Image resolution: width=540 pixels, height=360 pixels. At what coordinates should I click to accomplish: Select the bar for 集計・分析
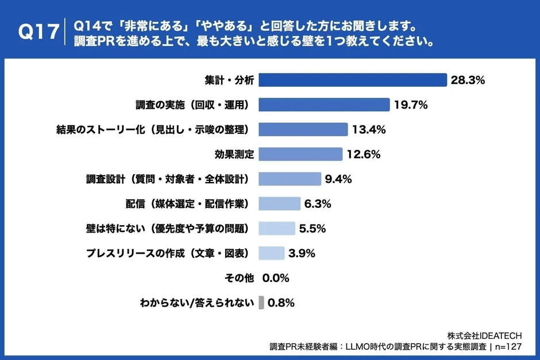click(352, 80)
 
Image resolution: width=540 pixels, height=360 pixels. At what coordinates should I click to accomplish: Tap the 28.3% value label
click(468, 80)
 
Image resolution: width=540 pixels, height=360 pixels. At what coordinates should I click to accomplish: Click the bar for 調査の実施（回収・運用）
click(324, 104)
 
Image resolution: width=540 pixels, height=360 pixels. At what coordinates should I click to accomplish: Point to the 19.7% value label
click(411, 105)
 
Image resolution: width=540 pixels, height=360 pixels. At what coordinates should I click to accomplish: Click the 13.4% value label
click(369, 130)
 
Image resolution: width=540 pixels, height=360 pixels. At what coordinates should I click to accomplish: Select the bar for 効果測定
click(300, 154)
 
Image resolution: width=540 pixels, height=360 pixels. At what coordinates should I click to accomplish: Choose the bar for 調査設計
click(290, 179)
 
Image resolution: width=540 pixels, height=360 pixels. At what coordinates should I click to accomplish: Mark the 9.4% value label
click(338, 179)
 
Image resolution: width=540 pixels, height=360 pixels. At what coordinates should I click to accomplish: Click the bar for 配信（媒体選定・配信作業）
click(279, 204)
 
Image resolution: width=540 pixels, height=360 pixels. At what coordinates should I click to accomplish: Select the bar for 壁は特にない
click(277, 229)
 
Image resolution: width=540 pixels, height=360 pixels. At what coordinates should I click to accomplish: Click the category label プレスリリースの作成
click(167, 253)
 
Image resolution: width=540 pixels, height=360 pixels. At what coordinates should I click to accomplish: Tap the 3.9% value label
click(302, 253)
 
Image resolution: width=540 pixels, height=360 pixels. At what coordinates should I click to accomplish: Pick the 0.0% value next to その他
click(275, 278)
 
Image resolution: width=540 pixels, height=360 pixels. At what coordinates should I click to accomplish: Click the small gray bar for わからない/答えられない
click(261, 303)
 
